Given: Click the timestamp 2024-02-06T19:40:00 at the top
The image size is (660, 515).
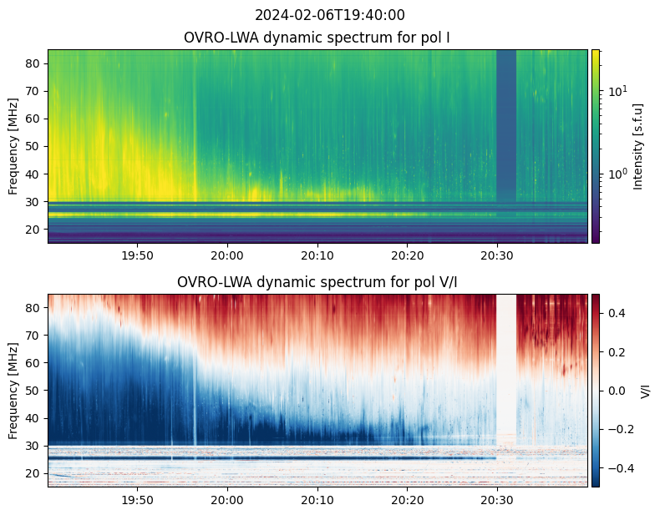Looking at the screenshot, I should click(329, 15).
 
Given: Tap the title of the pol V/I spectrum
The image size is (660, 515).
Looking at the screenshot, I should click(317, 282).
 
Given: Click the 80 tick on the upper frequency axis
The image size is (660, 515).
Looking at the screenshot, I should click(35, 63).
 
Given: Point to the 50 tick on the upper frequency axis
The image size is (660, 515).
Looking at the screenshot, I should click(35, 146).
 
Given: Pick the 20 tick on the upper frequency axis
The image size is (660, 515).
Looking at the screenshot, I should click(35, 229).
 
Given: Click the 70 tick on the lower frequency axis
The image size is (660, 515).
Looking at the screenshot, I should click(35, 336).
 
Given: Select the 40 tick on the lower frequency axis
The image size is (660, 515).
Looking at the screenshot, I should click(35, 418).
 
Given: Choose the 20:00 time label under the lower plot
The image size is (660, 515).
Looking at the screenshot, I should click(227, 499).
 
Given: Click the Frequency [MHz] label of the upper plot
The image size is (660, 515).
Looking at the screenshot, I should click(13, 146).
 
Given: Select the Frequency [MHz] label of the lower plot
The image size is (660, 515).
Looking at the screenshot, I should click(13, 391).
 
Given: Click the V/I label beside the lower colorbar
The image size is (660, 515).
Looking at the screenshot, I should click(646, 391).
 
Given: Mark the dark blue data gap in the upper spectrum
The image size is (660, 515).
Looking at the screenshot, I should click(506, 125).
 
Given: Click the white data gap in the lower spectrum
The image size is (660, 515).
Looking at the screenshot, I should click(506, 367).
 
